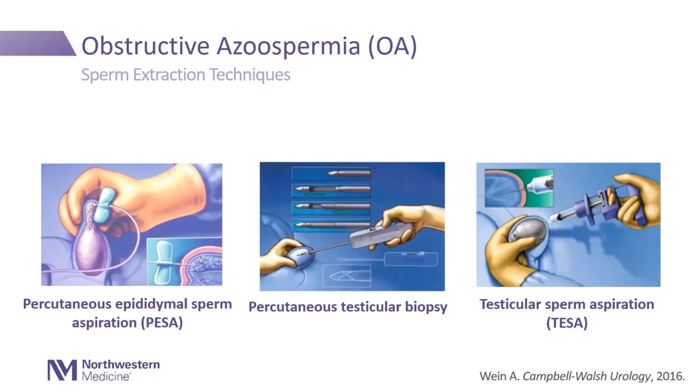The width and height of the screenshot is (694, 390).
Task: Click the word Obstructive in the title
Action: coord(145,46)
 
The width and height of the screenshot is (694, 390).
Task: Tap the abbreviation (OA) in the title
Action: coord(393,46)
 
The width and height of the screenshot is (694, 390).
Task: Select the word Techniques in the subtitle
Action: coord(250,75)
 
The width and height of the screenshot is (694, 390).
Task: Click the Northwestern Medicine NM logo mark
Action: coord(62,370)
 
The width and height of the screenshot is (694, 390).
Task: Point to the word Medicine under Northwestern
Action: coord(106,377)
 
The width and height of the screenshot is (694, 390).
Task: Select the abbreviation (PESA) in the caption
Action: coord(162,322)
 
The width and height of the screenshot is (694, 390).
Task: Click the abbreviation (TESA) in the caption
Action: coord(567,323)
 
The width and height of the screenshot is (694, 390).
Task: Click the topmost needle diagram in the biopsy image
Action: coord(331,174)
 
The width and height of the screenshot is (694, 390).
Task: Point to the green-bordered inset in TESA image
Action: coord(519,188)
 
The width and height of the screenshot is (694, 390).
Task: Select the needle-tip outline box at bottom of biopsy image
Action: coord(346,276)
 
